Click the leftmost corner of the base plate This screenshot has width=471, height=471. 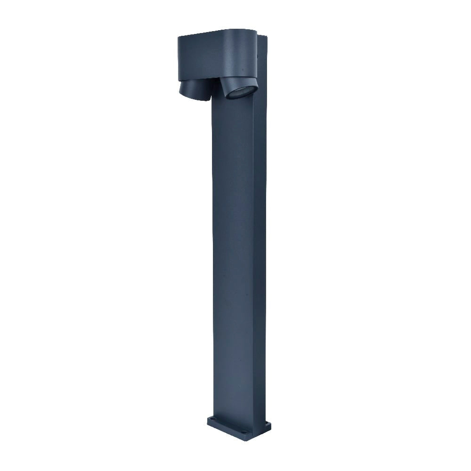point(208,421)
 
